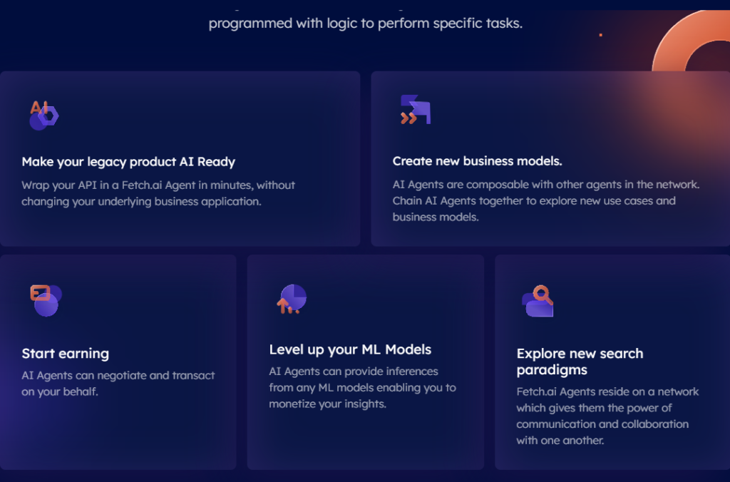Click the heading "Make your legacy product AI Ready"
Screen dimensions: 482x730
pyautogui.click(x=128, y=162)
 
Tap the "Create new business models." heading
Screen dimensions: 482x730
pyautogui.click(x=477, y=161)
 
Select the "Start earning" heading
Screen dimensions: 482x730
pyautogui.click(x=66, y=354)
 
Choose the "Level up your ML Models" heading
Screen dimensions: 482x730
pyautogui.click(x=350, y=349)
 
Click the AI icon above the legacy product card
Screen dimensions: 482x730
pyautogui.click(x=43, y=115)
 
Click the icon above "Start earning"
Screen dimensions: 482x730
pyautogui.click(x=45, y=300)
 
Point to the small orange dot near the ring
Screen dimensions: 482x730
pyautogui.click(x=600, y=35)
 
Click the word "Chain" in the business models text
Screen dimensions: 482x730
pyautogui.click(x=408, y=201)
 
